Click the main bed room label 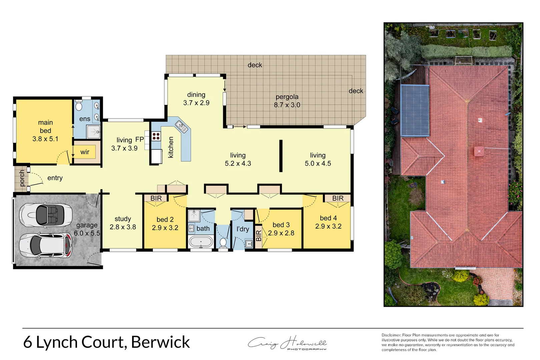pyautogui.click(x=45, y=131)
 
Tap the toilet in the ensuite pyautogui.click(x=79, y=106)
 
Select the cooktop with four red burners pyautogui.click(x=156, y=136)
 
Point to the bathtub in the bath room pyautogui.click(x=201, y=242)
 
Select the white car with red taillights pyautogui.click(x=46, y=245)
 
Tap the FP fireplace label pyautogui.click(x=139, y=140)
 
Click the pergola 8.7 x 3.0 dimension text pyautogui.click(x=287, y=105)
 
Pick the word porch pyautogui.click(x=22, y=178)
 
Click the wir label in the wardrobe pyautogui.click(x=85, y=152)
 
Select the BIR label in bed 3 pyautogui.click(x=258, y=236)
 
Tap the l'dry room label pyautogui.click(x=242, y=229)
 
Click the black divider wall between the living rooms pyautogui.click(x=281, y=156)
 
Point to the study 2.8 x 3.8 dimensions pyautogui.click(x=123, y=227)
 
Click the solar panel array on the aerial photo pyautogui.click(x=415, y=110)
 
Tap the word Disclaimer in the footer pyautogui.click(x=391, y=335)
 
